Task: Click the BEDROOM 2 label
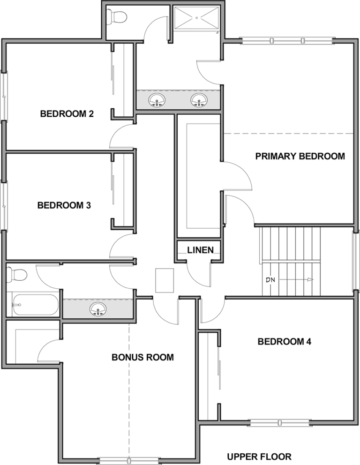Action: [67, 113]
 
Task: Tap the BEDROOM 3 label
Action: [64, 205]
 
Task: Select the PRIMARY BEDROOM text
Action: [300, 156]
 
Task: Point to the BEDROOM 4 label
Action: [285, 342]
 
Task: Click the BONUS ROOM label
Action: [142, 357]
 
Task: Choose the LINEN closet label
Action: [201, 250]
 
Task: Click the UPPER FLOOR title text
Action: [259, 457]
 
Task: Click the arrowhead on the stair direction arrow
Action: [310, 279]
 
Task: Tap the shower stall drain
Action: [196, 18]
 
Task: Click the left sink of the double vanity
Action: [156, 100]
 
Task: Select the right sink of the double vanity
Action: [198, 100]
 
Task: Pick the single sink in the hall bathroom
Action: [98, 309]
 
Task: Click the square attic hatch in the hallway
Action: [164, 280]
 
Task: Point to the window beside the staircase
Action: [355, 261]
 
